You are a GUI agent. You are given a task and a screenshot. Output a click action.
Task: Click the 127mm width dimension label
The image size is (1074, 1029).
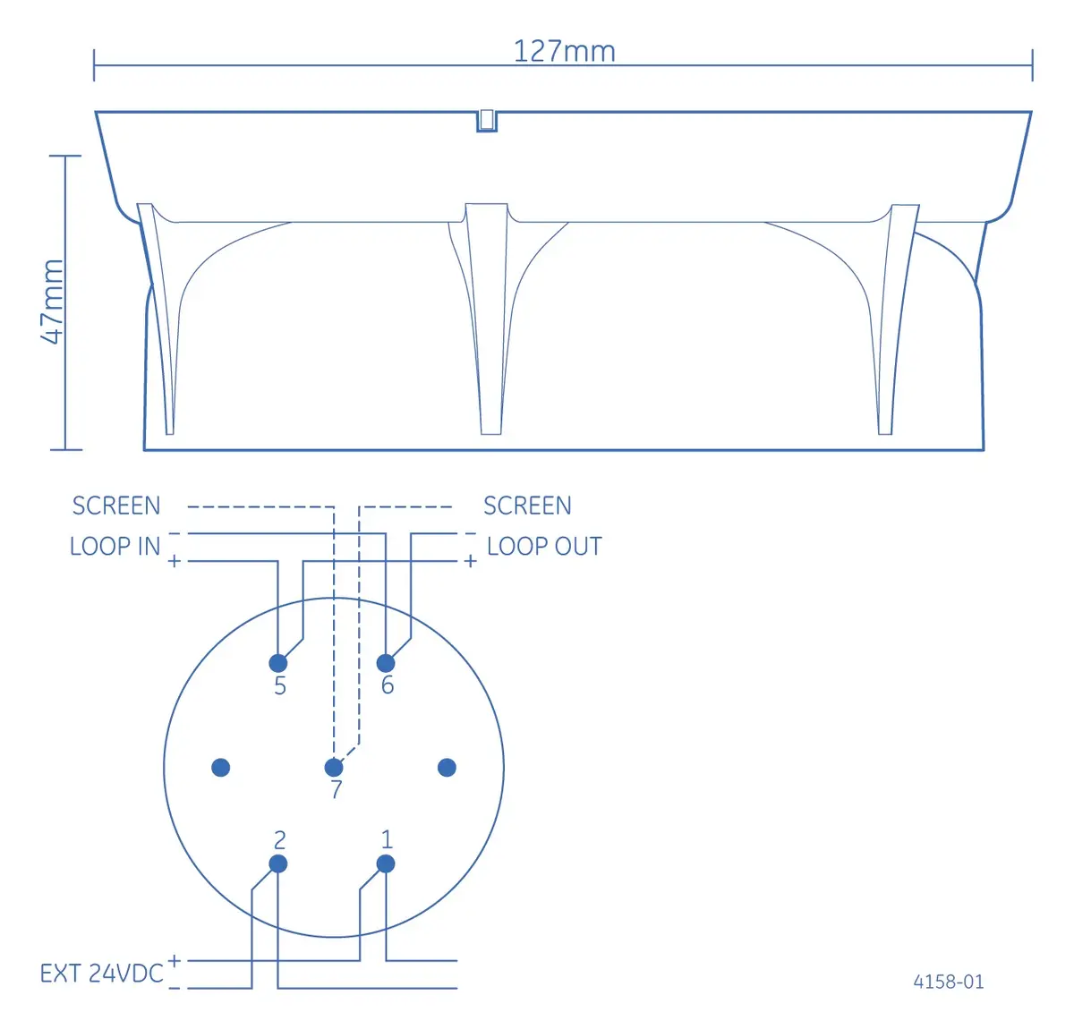click(564, 51)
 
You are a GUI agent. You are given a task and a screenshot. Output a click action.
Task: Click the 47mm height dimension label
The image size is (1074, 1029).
click(53, 302)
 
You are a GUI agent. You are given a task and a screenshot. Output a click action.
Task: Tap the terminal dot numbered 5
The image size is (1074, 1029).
click(278, 663)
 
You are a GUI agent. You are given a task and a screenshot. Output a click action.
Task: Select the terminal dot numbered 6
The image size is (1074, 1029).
click(386, 663)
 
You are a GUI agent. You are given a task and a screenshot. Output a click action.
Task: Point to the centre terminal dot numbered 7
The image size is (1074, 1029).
click(334, 768)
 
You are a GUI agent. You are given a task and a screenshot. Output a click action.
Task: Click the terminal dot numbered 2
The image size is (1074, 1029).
click(278, 864)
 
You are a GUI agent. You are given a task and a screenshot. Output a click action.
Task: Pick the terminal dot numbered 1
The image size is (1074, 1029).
click(386, 864)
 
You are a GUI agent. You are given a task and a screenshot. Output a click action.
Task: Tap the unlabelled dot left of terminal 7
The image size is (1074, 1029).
click(221, 768)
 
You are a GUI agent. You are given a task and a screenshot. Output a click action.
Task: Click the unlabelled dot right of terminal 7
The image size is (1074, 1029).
click(447, 768)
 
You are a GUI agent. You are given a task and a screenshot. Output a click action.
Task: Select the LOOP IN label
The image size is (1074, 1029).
click(115, 546)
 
